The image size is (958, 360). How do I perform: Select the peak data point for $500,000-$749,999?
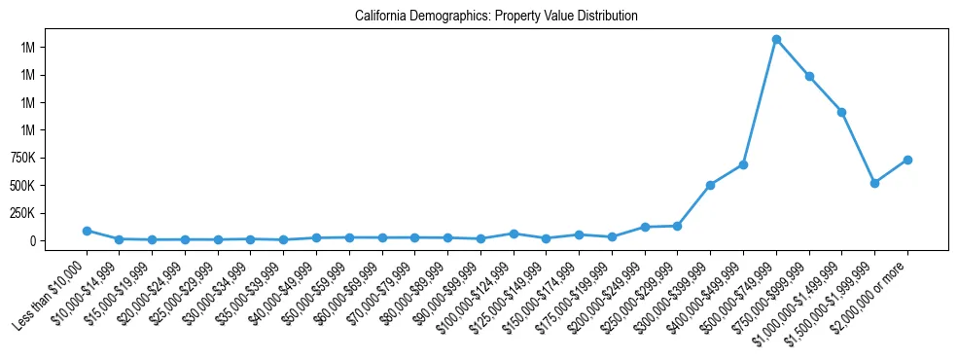[x=776, y=40]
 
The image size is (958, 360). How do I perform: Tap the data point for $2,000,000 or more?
[x=907, y=160]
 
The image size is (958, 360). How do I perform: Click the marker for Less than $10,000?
[x=87, y=231]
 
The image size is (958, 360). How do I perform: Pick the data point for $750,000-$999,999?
[x=809, y=76]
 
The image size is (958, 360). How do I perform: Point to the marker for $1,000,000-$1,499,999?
[x=841, y=112]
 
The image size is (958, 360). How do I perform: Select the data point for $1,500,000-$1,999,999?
[x=874, y=183]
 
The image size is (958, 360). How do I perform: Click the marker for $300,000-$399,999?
[x=710, y=185]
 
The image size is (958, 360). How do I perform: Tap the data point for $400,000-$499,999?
[x=743, y=164]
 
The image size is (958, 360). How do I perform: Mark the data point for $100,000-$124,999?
[x=514, y=234]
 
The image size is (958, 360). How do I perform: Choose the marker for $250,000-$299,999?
[x=677, y=226]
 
